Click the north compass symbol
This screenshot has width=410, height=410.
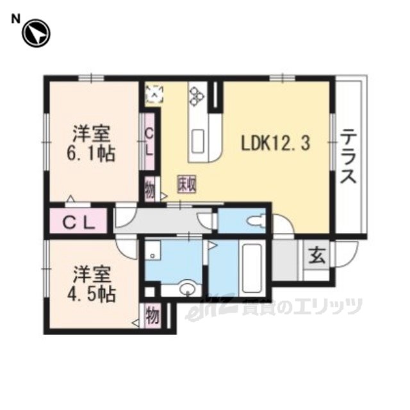point(36,33)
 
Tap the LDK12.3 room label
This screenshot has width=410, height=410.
point(275,143)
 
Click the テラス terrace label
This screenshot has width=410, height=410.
point(348,156)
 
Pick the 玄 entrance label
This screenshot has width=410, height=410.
point(317,256)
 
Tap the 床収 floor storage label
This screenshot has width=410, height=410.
point(187,184)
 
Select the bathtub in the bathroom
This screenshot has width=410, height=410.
point(252,268)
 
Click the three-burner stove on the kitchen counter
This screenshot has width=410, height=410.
point(197,96)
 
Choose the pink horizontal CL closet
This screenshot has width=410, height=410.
point(78,220)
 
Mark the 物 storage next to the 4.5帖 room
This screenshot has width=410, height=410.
point(153,316)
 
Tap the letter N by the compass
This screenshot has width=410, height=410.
point(15,19)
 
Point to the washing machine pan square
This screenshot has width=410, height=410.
point(152,250)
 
